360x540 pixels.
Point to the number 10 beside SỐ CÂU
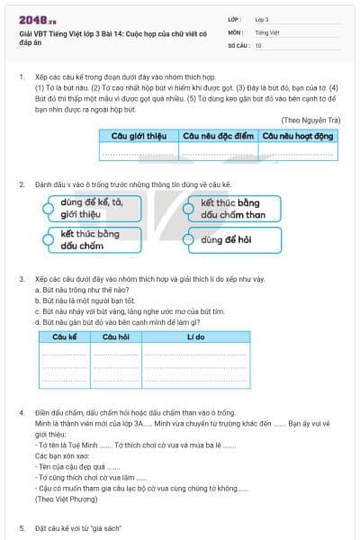(259, 44)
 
